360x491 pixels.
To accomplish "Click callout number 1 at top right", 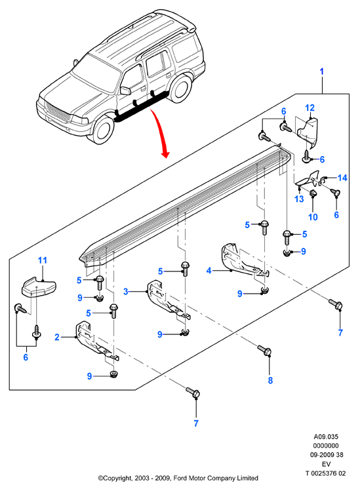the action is [321, 71].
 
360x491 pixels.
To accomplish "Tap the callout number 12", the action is [310, 108].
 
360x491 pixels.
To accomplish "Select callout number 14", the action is [342, 178].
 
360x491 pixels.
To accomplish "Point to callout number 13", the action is [299, 199].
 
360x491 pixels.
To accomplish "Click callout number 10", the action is [313, 217].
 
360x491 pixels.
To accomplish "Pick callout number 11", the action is [43, 260].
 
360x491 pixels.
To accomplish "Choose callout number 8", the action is [270, 380].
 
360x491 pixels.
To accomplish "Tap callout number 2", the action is [56, 337].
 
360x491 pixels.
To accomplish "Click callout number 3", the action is [126, 292].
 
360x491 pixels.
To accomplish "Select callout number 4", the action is [209, 271].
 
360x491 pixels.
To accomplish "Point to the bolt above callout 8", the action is [264, 351].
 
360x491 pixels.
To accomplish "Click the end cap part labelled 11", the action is [39, 286].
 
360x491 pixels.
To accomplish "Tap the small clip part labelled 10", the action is [313, 193].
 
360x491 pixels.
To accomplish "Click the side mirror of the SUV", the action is [125, 90].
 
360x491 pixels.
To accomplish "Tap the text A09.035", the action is [326, 437].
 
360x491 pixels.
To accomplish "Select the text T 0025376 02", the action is [325, 473].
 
